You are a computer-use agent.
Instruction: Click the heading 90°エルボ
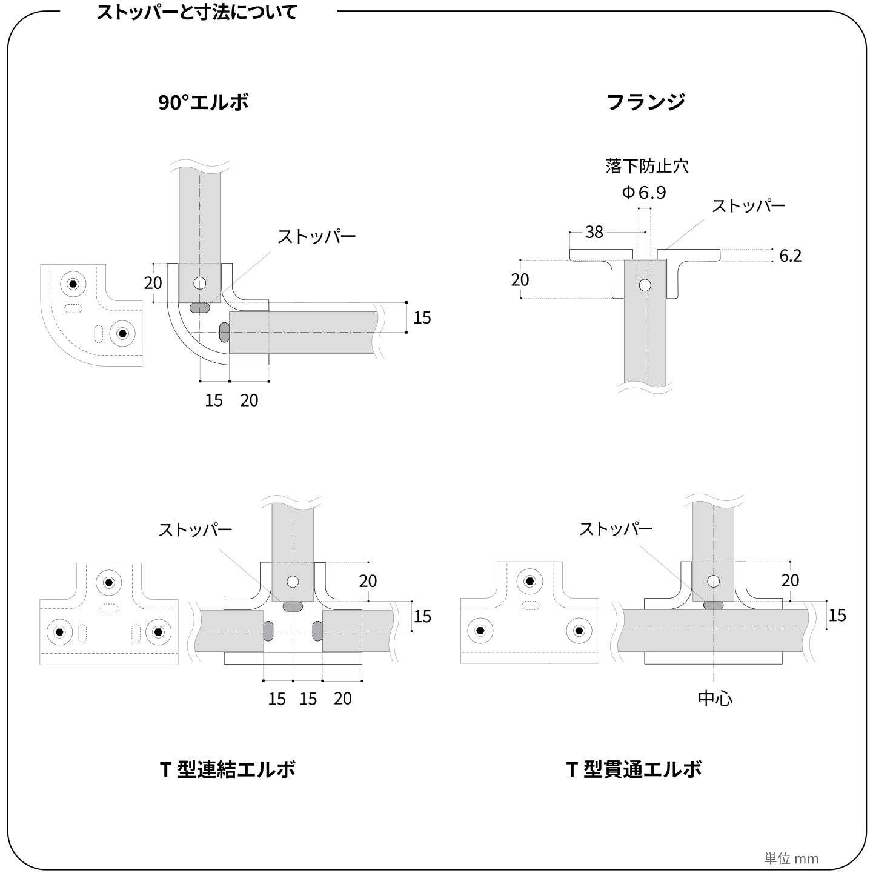[x=204, y=102]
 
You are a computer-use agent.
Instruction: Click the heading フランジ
[x=646, y=102]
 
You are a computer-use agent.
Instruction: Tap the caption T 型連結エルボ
[x=227, y=769]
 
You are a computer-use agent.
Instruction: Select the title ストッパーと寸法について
[x=197, y=12]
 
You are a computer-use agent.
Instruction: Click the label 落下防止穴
[x=647, y=166]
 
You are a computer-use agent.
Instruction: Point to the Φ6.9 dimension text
[x=644, y=193]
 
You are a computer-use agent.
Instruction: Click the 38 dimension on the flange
[x=594, y=232]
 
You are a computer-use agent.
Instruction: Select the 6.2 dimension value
[x=790, y=256]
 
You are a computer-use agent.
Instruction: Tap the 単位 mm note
[x=791, y=858]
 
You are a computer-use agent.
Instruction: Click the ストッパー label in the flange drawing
[x=748, y=206]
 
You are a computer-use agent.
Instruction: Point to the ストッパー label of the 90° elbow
[x=317, y=236]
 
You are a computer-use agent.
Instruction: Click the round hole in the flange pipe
[x=645, y=285]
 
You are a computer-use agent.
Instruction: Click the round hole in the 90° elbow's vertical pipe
[x=200, y=283]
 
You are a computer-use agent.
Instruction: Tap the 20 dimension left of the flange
[x=520, y=280]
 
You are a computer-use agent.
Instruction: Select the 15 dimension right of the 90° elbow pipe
[x=422, y=317]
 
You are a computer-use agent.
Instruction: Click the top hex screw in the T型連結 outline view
[x=108, y=583]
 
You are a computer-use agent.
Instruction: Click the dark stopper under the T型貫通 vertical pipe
[x=713, y=605]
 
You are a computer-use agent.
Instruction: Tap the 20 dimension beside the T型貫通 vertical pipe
[x=790, y=580]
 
